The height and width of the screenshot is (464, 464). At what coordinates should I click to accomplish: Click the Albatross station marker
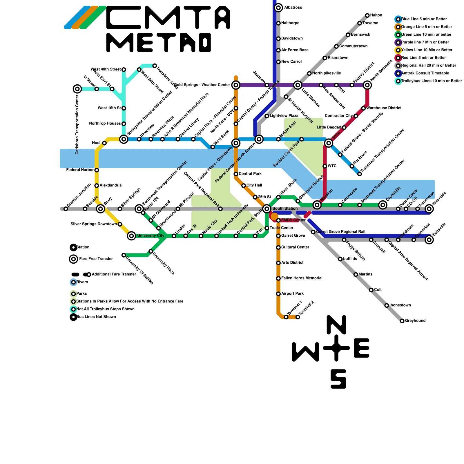tap(278, 8)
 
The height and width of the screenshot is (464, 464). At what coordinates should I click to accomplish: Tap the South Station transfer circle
tap(267, 209)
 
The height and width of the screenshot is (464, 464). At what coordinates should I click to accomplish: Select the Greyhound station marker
tap(402, 321)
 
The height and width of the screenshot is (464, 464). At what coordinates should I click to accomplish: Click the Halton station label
tap(376, 15)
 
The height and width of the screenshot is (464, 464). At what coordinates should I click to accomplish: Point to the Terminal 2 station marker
tap(298, 317)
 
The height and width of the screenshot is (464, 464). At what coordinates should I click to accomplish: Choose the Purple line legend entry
tap(425, 42)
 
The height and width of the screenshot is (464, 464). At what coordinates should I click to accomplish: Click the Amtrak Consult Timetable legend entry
tap(425, 73)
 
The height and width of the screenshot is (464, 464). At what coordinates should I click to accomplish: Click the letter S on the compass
tap(338, 379)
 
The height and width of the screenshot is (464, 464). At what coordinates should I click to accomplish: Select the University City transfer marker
tap(131, 236)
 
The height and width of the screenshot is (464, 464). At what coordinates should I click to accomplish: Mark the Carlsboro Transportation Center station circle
tap(77, 89)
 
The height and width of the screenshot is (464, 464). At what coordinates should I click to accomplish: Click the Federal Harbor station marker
tap(97, 170)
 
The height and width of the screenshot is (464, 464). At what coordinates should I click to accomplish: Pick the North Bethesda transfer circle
tap(367, 85)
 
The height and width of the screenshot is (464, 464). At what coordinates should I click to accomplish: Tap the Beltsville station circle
tap(429, 240)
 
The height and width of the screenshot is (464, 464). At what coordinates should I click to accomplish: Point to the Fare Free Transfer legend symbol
tap(74, 259)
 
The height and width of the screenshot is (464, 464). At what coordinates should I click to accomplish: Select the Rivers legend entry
tap(82, 282)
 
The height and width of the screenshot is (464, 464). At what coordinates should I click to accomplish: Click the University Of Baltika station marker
tap(124, 255)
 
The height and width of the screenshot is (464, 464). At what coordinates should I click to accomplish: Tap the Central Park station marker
tap(236, 174)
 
